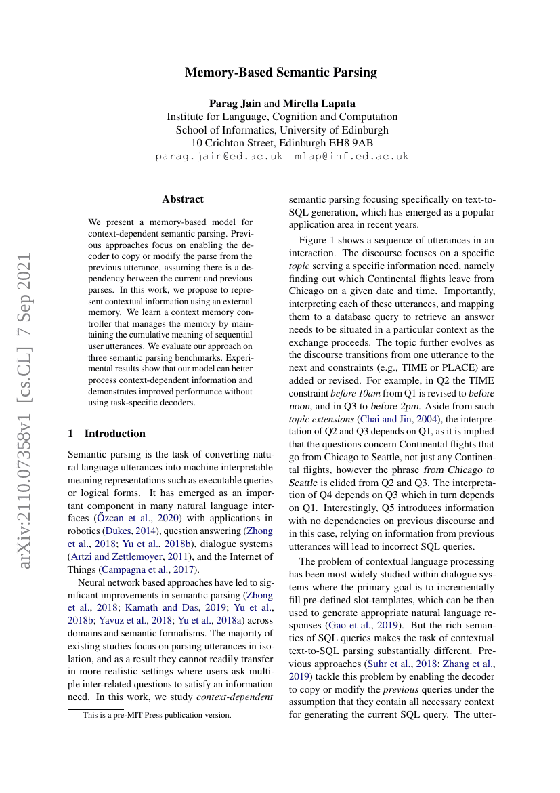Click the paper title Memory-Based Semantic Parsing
pos(280,73)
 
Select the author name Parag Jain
pos(235,103)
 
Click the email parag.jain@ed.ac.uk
pos(219,156)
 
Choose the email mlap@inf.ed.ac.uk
pos(351,156)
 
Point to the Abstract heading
pos(183,199)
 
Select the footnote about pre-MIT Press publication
pos(157,714)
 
